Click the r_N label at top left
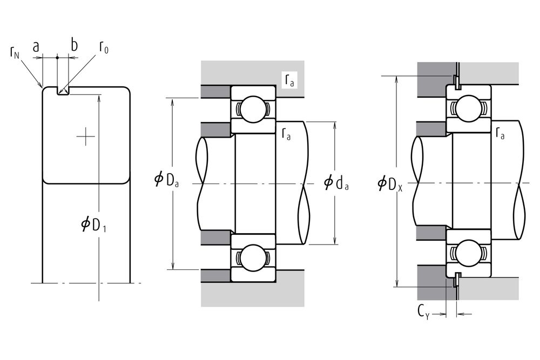coord(15,53)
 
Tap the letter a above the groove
coord(36,47)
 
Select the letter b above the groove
coord(74,45)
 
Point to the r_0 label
coord(104,47)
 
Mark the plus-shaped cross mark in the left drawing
coord(85,137)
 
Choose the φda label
coord(336,182)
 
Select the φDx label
coord(389,184)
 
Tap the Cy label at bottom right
coord(423,313)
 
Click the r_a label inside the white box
coord(289,80)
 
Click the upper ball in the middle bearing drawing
coord(253,109)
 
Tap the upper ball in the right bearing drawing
coord(468,108)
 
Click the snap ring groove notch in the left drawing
coord(63,91)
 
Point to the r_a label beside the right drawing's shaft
coord(500,133)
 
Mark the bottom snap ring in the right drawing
coord(456,279)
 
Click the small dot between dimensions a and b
coord(57,57)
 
